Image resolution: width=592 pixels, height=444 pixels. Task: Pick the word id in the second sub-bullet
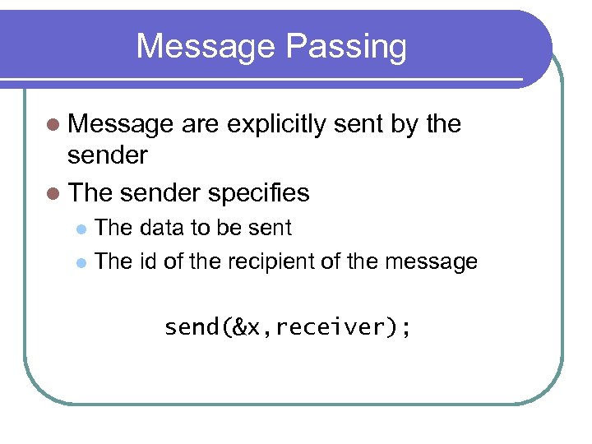click(148, 262)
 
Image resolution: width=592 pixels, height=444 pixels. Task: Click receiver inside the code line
click(336, 328)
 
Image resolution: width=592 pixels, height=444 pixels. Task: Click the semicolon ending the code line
click(405, 328)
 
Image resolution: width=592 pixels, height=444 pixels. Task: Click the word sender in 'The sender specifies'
click(160, 193)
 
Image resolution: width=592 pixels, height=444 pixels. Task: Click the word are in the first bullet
click(200, 125)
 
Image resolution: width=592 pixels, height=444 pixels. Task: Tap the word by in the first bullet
click(408, 125)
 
